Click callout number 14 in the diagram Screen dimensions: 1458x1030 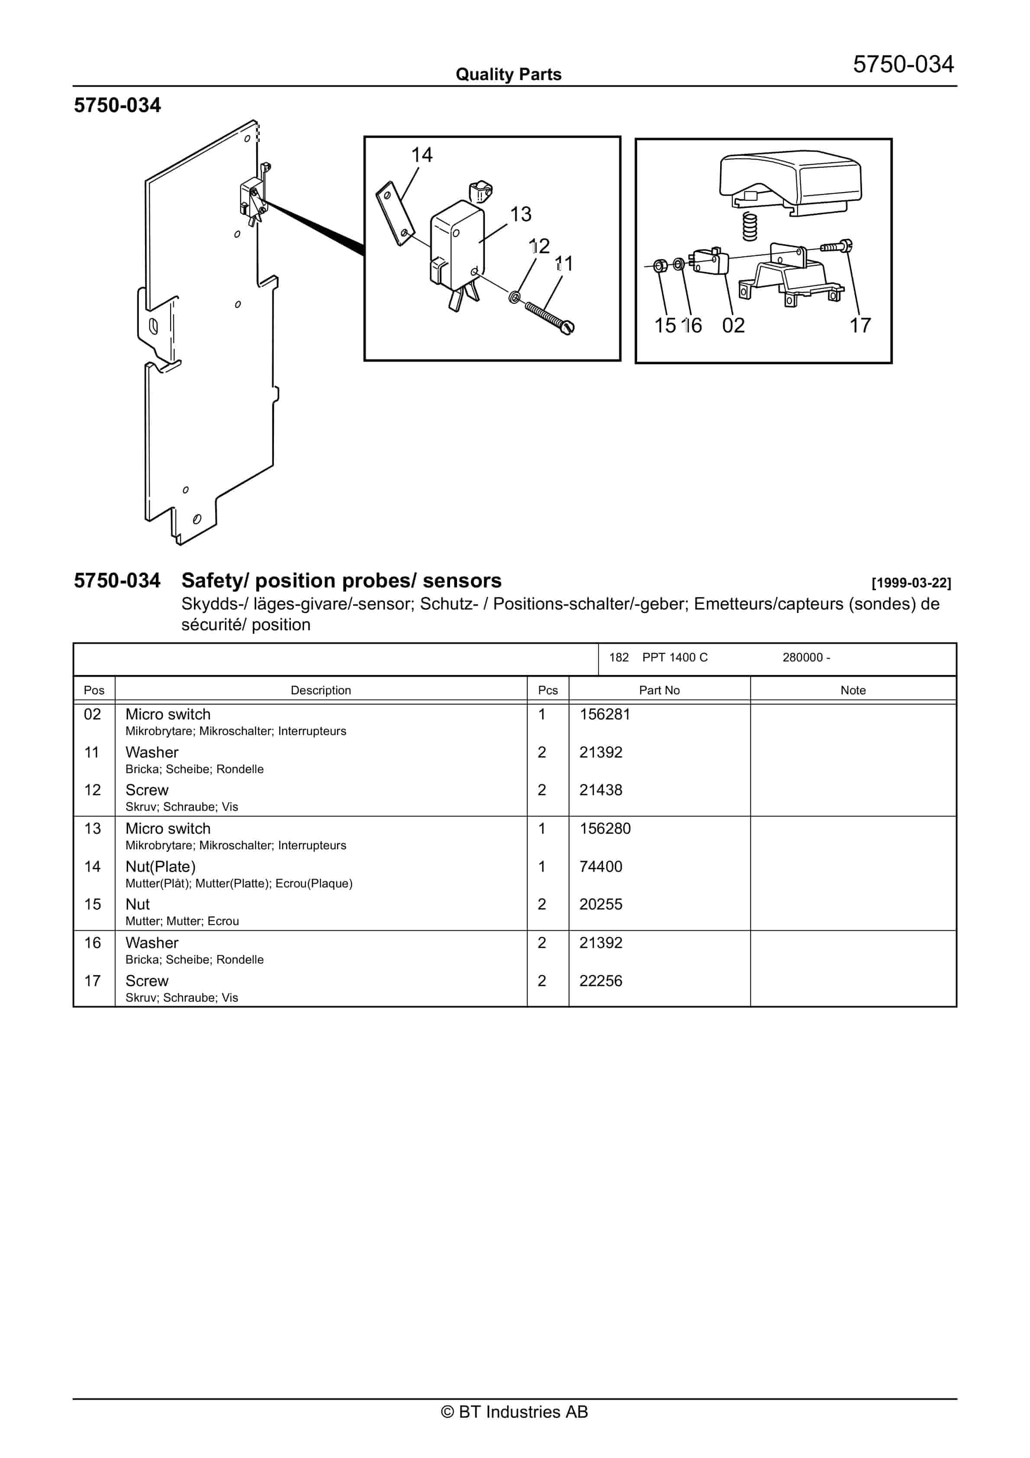click(422, 155)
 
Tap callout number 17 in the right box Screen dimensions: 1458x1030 click(860, 326)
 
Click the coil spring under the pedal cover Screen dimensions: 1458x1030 click(750, 227)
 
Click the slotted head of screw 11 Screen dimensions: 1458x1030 click(567, 327)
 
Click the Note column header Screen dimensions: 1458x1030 click(853, 690)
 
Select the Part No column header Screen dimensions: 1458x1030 click(659, 690)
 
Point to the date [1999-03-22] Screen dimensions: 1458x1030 click(911, 583)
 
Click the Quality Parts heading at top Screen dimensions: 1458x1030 click(508, 75)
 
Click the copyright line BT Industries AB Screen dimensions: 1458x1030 click(515, 1412)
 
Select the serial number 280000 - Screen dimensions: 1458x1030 click(806, 658)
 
